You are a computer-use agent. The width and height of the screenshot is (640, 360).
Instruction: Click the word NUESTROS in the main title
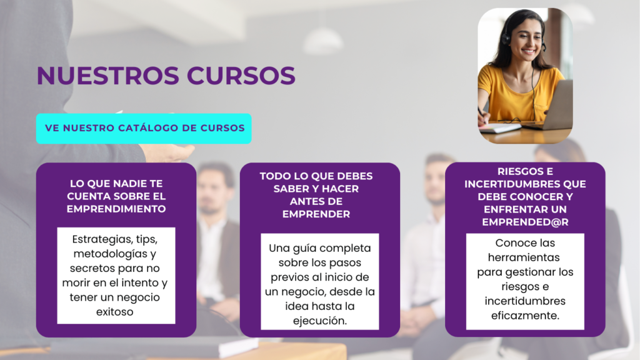click(108, 76)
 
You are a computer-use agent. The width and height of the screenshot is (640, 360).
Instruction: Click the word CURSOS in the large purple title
click(241, 76)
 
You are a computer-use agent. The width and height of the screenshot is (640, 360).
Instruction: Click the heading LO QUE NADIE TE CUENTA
click(116, 190)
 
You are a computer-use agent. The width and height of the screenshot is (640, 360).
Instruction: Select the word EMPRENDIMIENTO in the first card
click(116, 209)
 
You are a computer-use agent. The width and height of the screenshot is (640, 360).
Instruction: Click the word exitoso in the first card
click(115, 312)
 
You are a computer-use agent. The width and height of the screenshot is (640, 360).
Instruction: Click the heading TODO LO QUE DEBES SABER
click(316, 182)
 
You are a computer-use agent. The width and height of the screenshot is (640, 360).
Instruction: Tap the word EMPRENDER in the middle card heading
click(316, 214)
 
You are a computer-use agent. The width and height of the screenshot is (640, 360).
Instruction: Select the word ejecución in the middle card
click(319, 321)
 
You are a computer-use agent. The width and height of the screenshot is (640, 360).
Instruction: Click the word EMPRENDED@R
click(525, 222)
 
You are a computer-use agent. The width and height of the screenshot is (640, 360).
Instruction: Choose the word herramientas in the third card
click(524, 257)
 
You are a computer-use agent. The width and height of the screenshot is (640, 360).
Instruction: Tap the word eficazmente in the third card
click(524, 316)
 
